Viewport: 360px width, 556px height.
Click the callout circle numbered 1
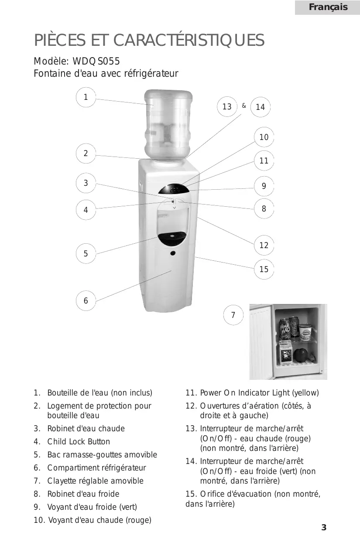86,97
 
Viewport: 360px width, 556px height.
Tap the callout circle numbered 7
233,315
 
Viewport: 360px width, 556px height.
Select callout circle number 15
264,269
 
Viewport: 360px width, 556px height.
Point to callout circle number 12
264,245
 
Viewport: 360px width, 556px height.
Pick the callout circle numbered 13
227,107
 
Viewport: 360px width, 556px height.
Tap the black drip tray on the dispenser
173,238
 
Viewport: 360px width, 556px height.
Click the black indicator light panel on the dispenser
174,190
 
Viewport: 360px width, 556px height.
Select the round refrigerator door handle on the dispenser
173,253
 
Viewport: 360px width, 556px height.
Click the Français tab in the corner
328,7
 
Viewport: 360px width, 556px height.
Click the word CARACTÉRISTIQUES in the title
189,41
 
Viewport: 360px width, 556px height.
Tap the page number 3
324,528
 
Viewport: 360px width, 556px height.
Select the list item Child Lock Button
79,442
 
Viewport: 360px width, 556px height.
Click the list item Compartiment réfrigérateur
96,468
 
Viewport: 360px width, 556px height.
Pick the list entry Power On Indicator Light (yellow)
259,393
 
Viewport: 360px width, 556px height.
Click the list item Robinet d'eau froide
83,494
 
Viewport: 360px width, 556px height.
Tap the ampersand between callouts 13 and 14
244,106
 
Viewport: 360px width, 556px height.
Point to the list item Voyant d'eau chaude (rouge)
99,520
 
